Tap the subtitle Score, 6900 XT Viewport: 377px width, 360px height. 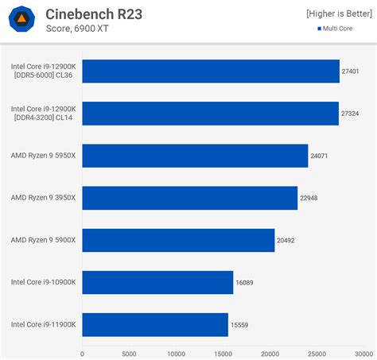pyautogui.click(x=77, y=29)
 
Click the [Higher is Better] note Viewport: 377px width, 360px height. pyautogui.click(x=339, y=14)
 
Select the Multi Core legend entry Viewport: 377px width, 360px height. pyautogui.click(x=335, y=29)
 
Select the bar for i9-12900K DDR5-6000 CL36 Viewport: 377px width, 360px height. pyautogui.click(x=211, y=72)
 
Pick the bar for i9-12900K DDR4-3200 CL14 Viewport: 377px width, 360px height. pyautogui.click(x=210, y=114)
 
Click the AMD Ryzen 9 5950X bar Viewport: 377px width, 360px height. pyautogui.click(x=195, y=156)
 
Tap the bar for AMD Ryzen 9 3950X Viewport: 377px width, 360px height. pyautogui.click(x=189, y=198)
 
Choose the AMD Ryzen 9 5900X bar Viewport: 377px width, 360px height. pyautogui.click(x=178, y=240)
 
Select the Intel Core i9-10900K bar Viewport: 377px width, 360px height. pyautogui.click(x=157, y=282)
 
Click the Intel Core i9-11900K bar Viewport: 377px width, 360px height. pyautogui.click(x=155, y=324)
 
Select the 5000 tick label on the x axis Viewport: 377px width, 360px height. pyautogui.click(x=129, y=354)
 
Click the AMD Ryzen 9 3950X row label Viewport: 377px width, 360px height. pyautogui.click(x=43, y=198)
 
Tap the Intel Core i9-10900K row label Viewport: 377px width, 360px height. pyautogui.click(x=43, y=282)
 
